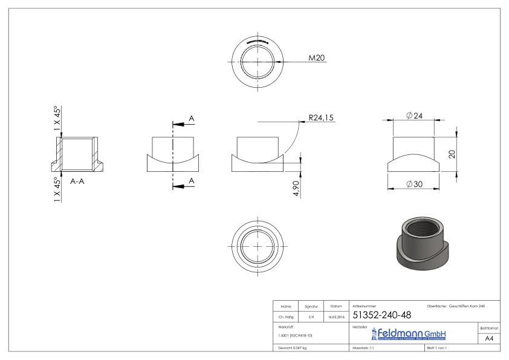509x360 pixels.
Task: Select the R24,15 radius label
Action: pos(320,118)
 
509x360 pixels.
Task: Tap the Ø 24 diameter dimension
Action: pos(415,116)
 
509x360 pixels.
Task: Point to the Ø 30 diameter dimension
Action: pos(415,184)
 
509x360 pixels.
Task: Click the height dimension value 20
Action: pos(452,154)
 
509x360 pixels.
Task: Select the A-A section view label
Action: pos(77,180)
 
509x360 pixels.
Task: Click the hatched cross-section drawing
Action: pos(77,154)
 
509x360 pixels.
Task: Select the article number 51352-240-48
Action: pos(382,316)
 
